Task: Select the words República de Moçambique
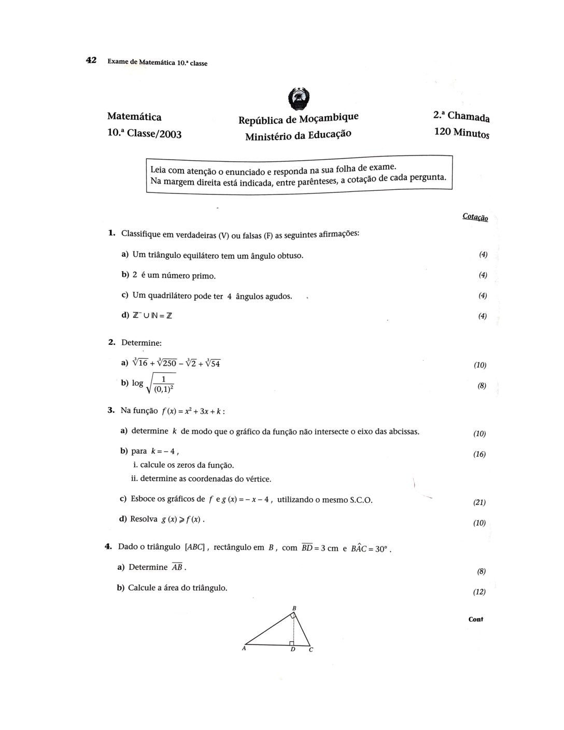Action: coord(298,119)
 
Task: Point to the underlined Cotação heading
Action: coord(475,217)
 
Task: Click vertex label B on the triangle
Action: coord(294,608)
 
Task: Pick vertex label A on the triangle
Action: coord(244,648)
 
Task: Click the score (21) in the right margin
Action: coord(479,502)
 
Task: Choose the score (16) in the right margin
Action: coord(479,455)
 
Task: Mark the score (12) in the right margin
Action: coord(479,592)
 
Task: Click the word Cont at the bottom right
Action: coord(475,619)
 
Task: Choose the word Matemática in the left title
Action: coord(134,117)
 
